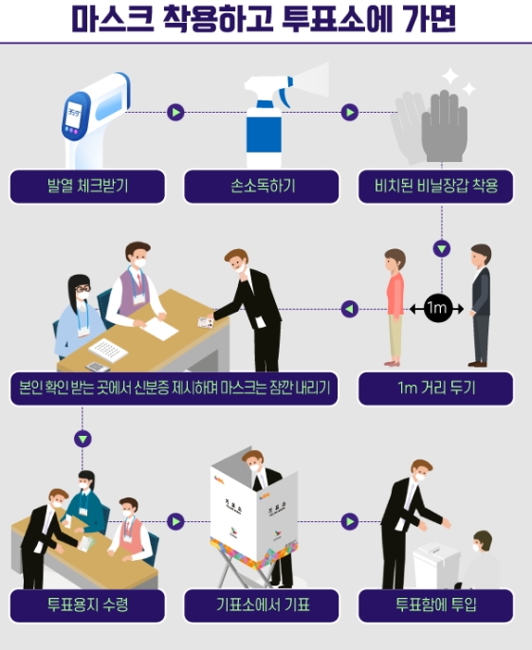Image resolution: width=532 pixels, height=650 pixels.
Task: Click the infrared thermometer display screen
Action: click(74, 114)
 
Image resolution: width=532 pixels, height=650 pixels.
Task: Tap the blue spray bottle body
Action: click(264, 134)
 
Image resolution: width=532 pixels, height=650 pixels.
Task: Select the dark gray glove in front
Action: click(444, 126)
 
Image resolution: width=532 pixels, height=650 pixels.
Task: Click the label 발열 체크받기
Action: click(87, 186)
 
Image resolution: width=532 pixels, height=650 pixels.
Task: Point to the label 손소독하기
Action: click(262, 186)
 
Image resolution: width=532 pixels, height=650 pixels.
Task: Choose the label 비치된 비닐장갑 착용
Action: click(435, 186)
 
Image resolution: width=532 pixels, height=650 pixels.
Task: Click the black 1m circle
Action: click(437, 309)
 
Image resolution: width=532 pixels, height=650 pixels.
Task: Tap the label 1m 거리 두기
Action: click(435, 388)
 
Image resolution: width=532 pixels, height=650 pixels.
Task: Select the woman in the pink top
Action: click(394, 308)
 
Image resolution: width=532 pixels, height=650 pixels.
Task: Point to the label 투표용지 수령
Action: click(87, 605)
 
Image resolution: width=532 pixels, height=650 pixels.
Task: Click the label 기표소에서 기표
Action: click(262, 605)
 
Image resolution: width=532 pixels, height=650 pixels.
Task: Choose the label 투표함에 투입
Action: click(435, 605)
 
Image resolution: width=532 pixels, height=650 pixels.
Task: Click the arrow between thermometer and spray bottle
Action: click(175, 113)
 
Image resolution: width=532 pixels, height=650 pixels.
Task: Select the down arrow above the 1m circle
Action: click(442, 248)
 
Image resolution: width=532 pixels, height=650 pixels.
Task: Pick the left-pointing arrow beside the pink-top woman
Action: click(349, 309)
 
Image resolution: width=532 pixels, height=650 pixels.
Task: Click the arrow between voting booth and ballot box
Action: click(349, 521)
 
